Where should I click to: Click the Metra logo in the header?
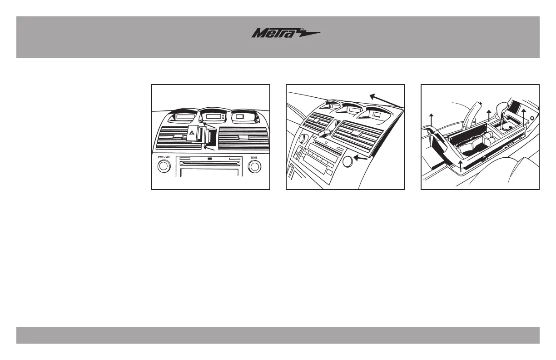click(x=286, y=34)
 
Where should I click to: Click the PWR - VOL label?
click(x=164, y=157)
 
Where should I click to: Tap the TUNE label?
click(x=255, y=157)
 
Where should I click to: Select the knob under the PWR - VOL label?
click(x=164, y=167)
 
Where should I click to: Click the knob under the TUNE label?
click(x=255, y=167)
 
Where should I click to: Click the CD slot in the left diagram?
click(x=210, y=163)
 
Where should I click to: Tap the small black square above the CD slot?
click(x=210, y=159)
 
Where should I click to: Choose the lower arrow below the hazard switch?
click(x=209, y=147)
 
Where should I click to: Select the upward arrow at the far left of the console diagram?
click(x=431, y=120)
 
